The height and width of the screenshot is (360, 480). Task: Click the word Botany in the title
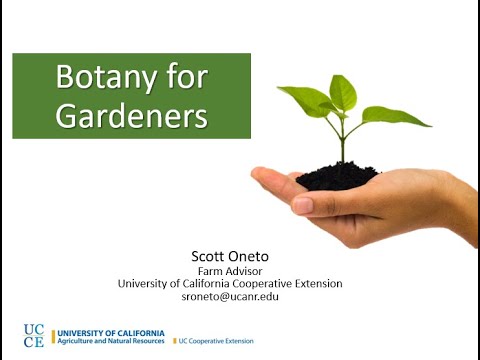coord(105,78)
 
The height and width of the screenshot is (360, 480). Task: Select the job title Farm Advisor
coord(230,269)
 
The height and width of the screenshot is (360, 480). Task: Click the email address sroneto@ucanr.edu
coord(230,297)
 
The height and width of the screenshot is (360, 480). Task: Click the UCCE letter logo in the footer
coord(34,335)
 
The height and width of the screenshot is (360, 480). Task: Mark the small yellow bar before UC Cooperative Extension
coord(175,341)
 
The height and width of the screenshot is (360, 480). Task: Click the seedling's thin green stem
coord(341,140)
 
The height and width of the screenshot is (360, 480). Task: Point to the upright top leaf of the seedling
coord(343,92)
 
